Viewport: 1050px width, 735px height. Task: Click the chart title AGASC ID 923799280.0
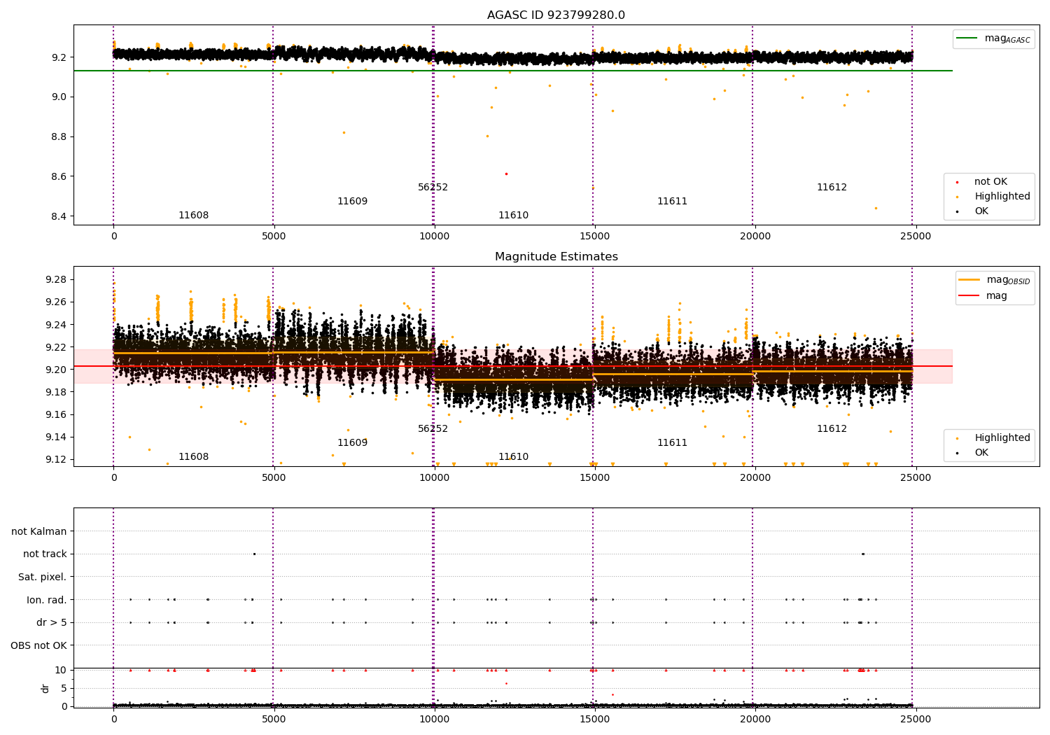[556, 15]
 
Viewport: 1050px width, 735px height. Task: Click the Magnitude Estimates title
[556, 256]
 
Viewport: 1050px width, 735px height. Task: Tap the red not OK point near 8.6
[506, 174]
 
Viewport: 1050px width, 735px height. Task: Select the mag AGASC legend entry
[994, 39]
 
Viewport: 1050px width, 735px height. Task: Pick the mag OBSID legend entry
[994, 280]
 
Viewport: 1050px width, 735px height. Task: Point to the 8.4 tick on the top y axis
[59, 216]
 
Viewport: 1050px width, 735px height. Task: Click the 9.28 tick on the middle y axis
[56, 280]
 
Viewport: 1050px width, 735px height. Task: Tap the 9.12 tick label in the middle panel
[56, 459]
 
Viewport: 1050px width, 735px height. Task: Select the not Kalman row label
[39, 531]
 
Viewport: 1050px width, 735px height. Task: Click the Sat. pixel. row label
[42, 577]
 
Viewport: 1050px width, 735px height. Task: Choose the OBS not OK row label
[39, 645]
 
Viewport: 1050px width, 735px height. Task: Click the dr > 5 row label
[52, 622]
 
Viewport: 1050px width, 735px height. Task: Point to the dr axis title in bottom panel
[45, 688]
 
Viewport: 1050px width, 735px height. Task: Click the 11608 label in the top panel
[194, 215]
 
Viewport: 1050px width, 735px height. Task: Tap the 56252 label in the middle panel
[433, 428]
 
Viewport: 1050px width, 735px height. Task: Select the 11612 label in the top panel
[832, 187]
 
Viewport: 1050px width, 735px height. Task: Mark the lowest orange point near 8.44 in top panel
[876, 208]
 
